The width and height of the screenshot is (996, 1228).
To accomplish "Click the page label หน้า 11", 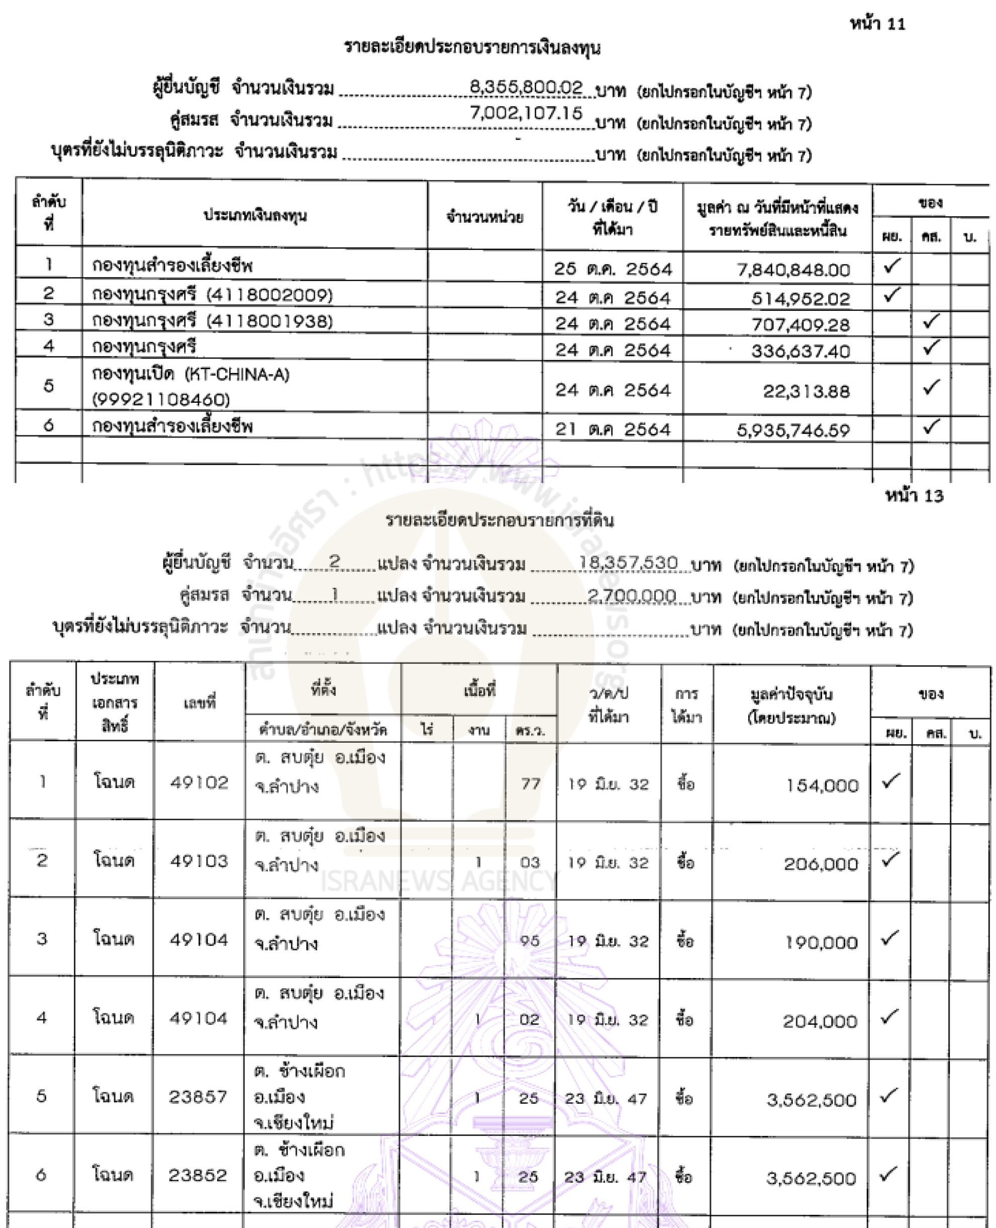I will pos(877,24).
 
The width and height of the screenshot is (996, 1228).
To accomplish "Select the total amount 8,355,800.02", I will pos(526,88).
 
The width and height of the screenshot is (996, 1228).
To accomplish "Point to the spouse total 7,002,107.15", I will pos(526,113).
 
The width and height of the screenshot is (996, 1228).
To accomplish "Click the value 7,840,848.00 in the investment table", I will pos(793,270).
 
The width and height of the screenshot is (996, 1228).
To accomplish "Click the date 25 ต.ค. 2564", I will pos(612,269).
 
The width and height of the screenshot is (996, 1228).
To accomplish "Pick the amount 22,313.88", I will pos(806,392).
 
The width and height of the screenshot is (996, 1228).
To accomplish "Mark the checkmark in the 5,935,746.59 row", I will pos(931,426).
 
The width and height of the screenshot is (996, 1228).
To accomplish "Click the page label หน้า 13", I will pos(914,496).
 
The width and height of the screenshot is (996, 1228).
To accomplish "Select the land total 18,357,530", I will pos(628,563).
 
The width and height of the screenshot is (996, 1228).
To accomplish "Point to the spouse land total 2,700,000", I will pos(632,596).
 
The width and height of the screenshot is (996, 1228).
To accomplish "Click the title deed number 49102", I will pos(199,782).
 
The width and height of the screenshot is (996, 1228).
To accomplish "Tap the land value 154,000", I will pos(822,785).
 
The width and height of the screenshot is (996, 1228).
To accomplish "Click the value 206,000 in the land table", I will pos(821,864).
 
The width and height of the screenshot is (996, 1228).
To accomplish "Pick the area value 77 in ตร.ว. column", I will pos(531,783).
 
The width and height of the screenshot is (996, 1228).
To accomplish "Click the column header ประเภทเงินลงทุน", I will pos(255,216).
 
